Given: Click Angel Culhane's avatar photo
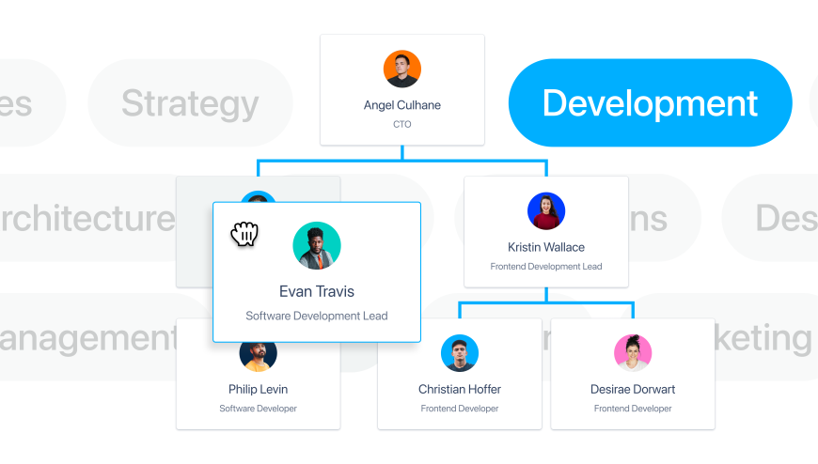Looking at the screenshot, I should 402,70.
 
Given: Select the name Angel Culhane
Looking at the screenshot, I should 402,105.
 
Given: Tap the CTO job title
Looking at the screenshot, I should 402,124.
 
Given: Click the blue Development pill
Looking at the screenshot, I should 650,103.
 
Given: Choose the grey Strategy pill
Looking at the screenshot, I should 190,103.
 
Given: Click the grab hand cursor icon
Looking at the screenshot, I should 244,234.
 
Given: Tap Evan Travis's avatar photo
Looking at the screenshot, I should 317,246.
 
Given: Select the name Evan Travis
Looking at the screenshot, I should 317,291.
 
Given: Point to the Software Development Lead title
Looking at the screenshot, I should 317,316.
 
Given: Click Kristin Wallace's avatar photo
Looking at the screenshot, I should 546,211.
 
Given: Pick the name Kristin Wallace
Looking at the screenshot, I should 546,247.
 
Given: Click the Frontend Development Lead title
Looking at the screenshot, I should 546,267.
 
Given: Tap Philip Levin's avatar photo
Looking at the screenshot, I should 259,353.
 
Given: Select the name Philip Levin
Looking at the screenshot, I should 259,389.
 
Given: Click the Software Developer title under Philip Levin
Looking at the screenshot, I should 259,409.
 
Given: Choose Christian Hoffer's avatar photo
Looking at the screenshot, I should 460,353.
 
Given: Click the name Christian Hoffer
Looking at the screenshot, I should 460,389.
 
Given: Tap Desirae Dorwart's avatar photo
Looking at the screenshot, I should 633,353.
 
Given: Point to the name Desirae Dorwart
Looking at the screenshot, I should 633,389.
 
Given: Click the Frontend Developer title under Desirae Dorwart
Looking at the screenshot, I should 633,409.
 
